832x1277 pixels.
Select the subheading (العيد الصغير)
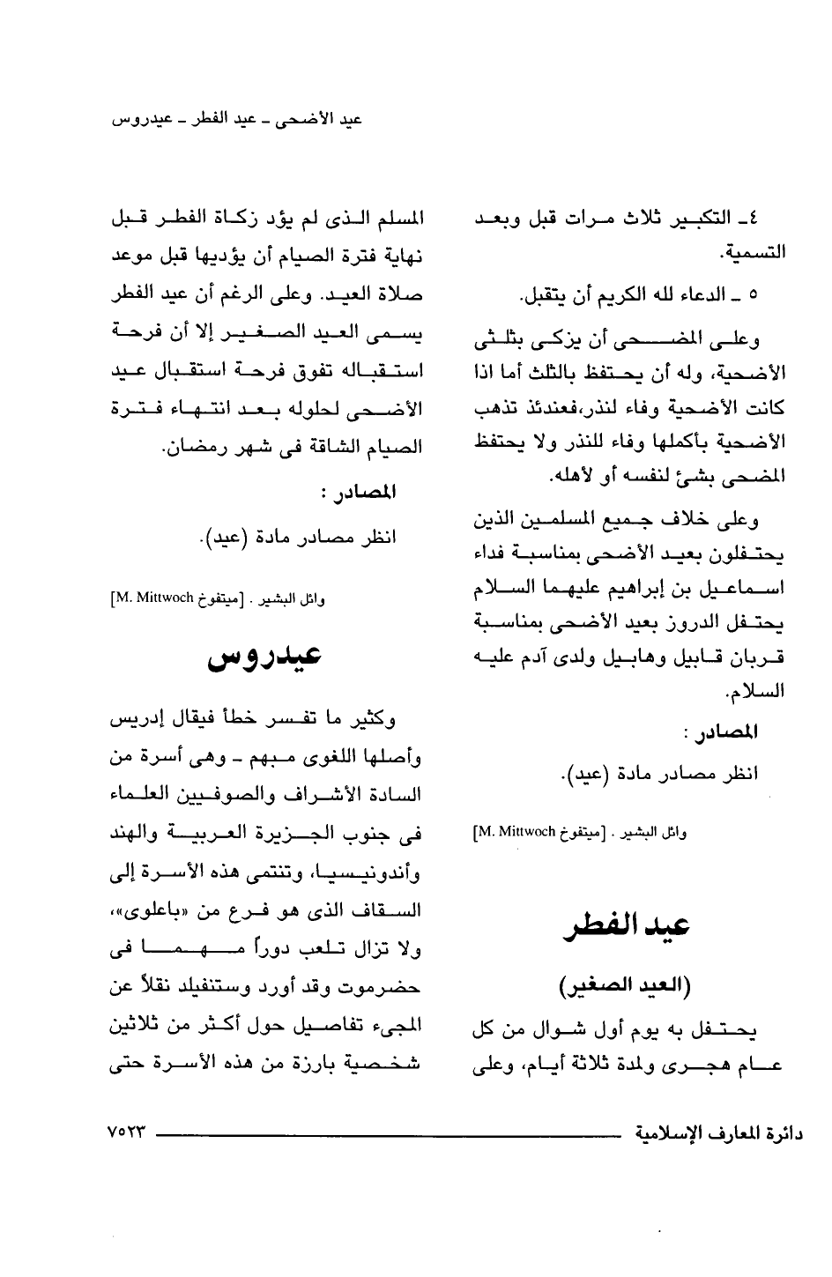point(627,985)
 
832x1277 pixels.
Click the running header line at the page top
point(240,119)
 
